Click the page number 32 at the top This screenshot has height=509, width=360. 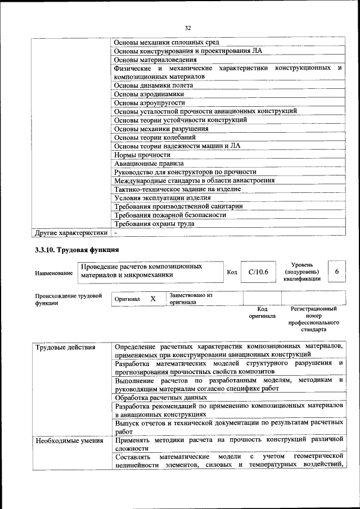click(x=188, y=28)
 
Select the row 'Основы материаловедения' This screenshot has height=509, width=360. click(x=155, y=59)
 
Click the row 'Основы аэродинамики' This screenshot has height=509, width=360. click(x=148, y=94)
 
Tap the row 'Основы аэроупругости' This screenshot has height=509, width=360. click(x=149, y=102)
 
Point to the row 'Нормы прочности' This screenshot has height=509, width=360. click(x=142, y=155)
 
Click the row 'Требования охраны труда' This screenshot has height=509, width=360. click(x=154, y=223)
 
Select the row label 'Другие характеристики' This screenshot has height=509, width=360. click(x=71, y=232)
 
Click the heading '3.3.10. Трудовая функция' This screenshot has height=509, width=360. click(x=76, y=250)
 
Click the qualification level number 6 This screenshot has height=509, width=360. click(x=336, y=272)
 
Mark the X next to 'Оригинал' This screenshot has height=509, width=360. click(x=152, y=299)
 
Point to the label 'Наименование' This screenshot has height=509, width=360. click(x=54, y=273)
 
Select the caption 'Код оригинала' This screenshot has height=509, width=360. click(x=262, y=312)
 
